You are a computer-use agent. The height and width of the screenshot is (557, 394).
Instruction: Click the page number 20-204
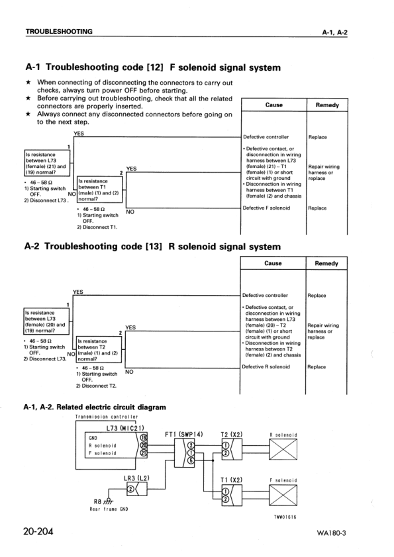point(42,531)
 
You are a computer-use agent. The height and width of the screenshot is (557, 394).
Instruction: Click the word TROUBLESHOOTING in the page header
point(58,32)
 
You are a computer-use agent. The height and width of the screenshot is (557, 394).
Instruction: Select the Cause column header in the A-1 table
point(273,105)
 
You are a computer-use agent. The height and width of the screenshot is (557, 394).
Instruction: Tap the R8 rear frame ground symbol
point(101,500)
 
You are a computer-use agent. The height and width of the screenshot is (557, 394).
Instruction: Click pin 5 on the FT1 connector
point(191,460)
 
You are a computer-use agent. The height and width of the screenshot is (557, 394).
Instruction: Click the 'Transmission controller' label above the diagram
point(106,417)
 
